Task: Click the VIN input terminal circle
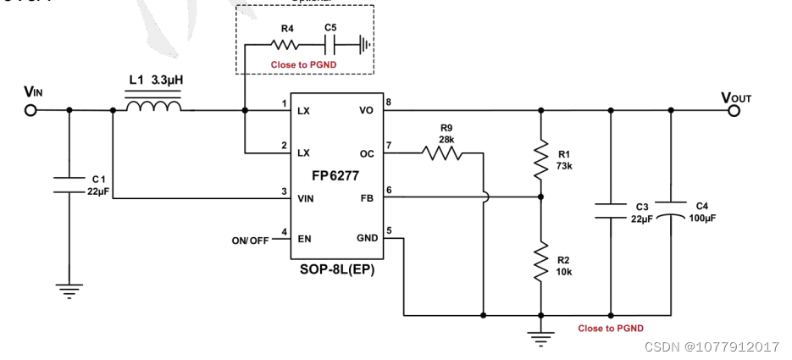tap(31, 110)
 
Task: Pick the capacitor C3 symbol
tap(610, 210)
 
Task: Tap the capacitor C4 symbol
tap(672, 210)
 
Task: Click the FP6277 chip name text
tap(336, 175)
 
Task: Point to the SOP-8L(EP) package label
tap(336, 270)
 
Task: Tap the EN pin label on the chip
tap(304, 240)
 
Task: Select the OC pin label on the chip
tap(367, 153)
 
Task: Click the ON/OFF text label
tap(250, 241)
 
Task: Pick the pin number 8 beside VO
tap(389, 103)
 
